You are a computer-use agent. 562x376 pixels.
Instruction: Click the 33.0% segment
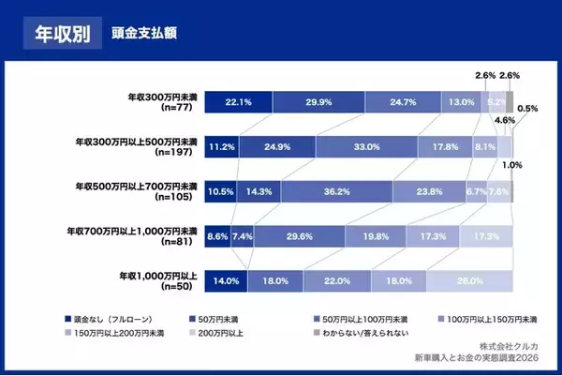[x=366, y=146]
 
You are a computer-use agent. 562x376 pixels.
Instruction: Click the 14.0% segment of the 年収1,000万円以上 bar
[x=226, y=280]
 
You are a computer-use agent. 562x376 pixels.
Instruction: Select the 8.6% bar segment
[x=217, y=236]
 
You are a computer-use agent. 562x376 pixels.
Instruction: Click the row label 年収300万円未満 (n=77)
[x=161, y=101]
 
